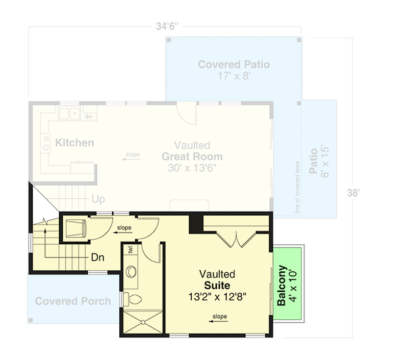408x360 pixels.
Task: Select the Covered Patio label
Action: coord(234,65)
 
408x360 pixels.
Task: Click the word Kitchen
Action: coord(74,142)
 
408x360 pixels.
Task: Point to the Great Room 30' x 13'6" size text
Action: coord(192,168)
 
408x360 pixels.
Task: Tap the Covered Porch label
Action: coord(73,301)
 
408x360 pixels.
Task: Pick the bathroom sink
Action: coord(132,271)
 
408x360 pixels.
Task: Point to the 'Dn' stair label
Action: coord(98,258)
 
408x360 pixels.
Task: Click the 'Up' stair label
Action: coord(98,199)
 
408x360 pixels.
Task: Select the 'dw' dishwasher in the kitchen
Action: coord(88,116)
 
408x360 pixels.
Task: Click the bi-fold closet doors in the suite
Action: coord(237,237)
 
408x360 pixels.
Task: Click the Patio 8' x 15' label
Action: coord(318,161)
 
